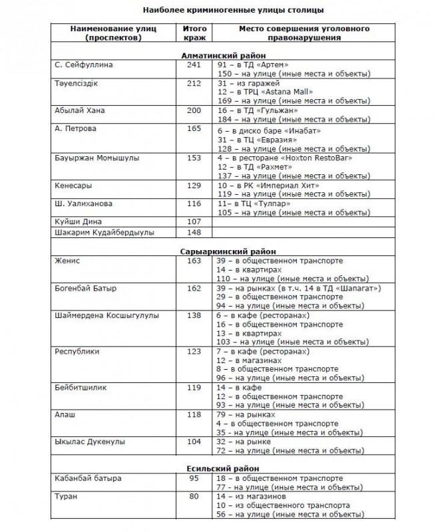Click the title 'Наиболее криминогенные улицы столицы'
[x=218, y=11]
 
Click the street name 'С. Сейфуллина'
[x=84, y=65]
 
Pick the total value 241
[x=194, y=65]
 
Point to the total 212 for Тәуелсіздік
[x=194, y=83]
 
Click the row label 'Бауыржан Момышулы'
[x=97, y=159]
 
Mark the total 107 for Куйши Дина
[x=194, y=221]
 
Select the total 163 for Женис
[x=194, y=261]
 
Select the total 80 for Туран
[x=194, y=496]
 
